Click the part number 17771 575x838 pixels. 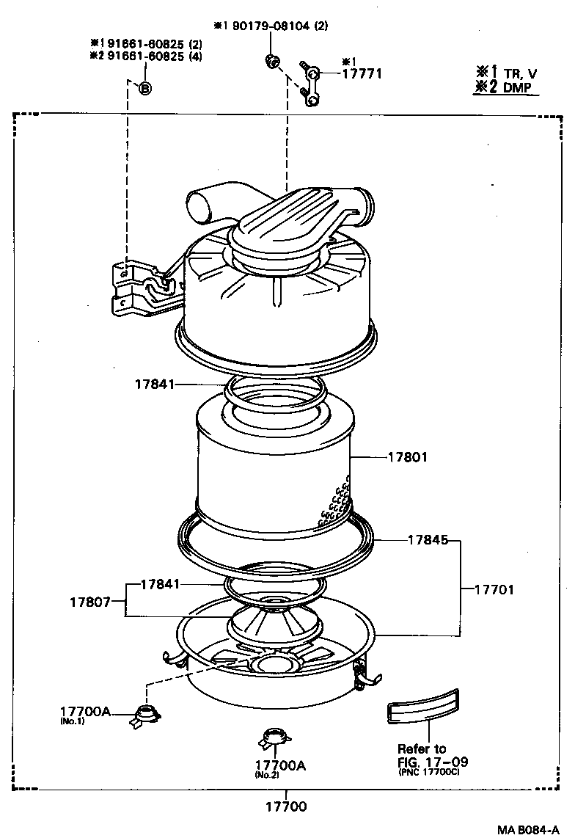click(x=363, y=73)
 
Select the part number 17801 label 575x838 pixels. click(x=407, y=457)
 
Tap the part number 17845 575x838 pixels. click(x=428, y=541)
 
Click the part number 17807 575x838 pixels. click(x=90, y=602)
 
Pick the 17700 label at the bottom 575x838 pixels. click(x=286, y=806)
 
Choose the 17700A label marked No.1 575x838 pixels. click(x=85, y=711)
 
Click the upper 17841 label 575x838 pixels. click(x=155, y=384)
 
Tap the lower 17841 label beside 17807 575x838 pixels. click(x=160, y=584)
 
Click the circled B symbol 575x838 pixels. click(x=144, y=89)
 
